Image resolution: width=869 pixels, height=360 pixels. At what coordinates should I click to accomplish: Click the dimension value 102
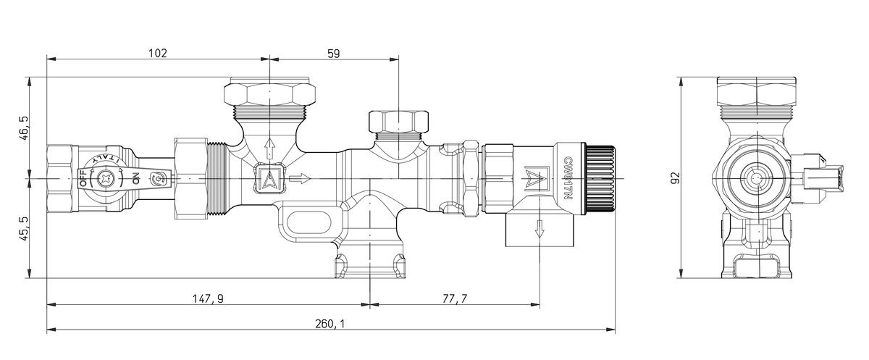click(x=157, y=53)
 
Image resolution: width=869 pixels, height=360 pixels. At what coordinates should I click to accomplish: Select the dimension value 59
click(x=333, y=53)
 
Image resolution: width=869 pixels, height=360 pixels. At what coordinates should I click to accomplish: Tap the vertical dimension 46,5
click(x=24, y=127)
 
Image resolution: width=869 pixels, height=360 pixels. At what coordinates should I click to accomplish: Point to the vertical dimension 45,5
click(x=24, y=228)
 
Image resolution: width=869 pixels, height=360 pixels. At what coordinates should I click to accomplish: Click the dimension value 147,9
click(x=209, y=298)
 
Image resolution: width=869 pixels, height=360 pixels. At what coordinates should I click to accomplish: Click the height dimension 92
click(x=675, y=178)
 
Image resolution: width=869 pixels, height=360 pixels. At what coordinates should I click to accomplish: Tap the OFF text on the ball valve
click(x=83, y=178)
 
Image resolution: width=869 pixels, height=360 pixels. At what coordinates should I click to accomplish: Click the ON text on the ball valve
click(x=135, y=177)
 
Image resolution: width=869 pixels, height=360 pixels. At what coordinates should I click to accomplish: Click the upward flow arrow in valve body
click(x=269, y=148)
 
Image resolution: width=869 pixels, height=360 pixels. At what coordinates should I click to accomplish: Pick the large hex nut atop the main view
click(x=269, y=93)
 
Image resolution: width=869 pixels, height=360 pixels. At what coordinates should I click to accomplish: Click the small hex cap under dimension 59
click(x=398, y=120)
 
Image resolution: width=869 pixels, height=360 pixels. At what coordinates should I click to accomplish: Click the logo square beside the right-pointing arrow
click(x=269, y=178)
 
